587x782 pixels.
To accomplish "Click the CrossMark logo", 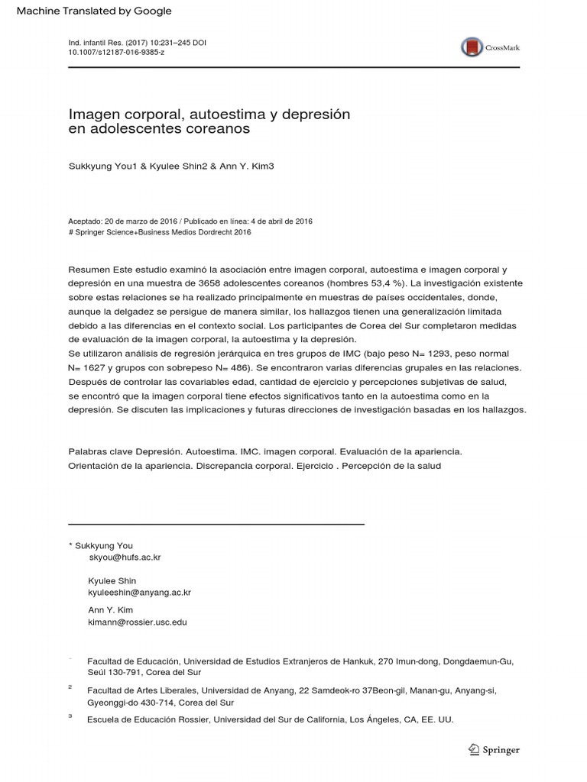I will coord(489,47).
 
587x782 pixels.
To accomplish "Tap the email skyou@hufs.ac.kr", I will coord(125,557).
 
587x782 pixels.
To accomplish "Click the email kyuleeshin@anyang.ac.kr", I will coord(139,593).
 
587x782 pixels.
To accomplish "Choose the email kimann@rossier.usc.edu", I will coord(138,622).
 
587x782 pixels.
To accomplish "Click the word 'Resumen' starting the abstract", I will coord(89,270).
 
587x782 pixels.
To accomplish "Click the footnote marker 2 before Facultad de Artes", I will coord(70,687).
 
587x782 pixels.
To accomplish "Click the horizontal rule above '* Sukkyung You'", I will coord(216,524).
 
